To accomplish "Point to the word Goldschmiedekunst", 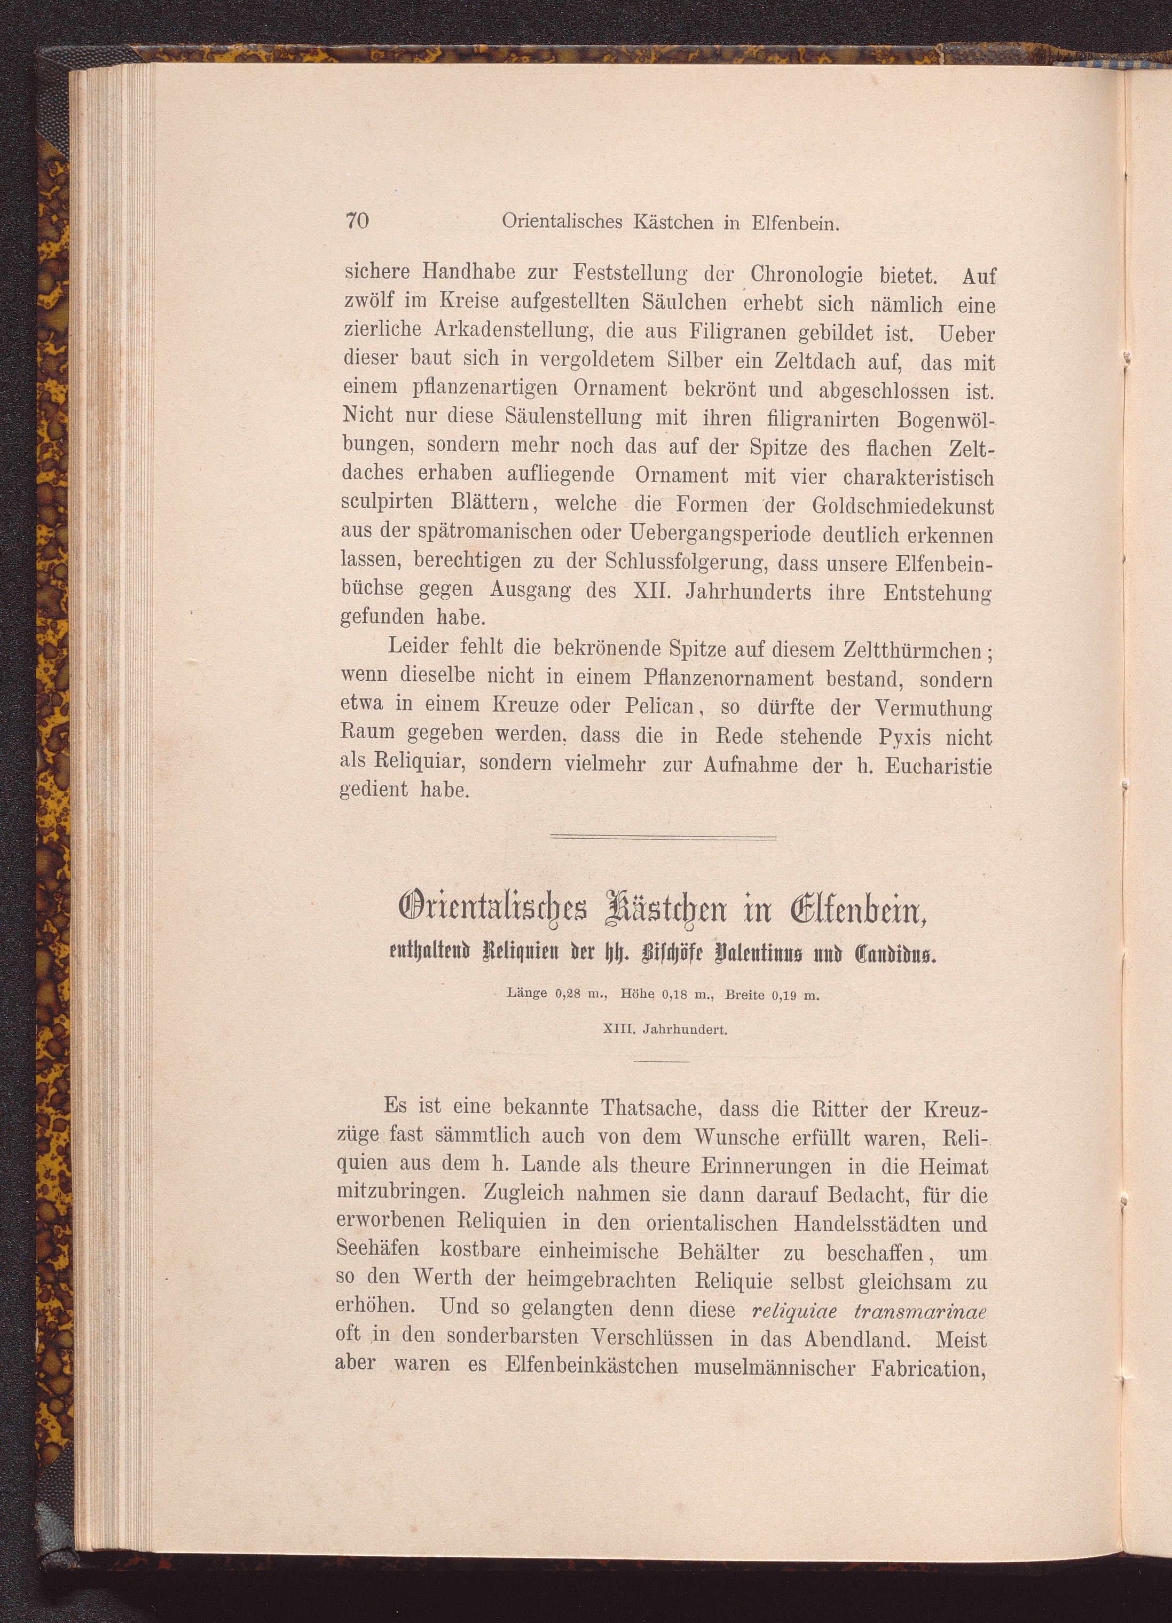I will coord(903,507).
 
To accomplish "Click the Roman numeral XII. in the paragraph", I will coord(653,593).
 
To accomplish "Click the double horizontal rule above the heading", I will coord(663,837).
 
